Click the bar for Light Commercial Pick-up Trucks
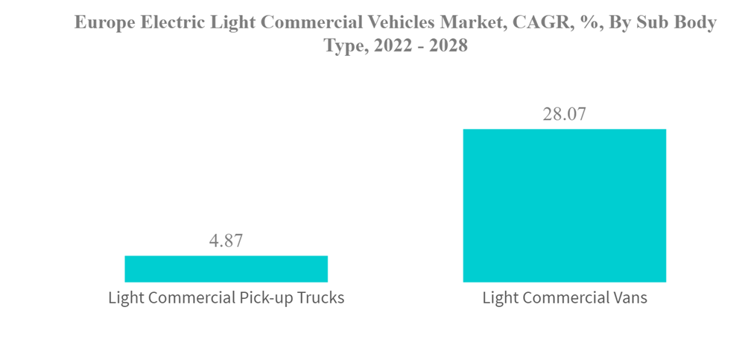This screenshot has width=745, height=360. coord(226,268)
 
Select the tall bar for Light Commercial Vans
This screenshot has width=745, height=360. coord(564,206)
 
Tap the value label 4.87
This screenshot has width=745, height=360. coord(225,241)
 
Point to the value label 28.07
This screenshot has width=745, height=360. coord(564,115)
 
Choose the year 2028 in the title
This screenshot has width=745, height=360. coord(446,46)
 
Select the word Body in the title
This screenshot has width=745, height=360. coord(694,23)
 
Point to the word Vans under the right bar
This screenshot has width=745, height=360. coord(627,298)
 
